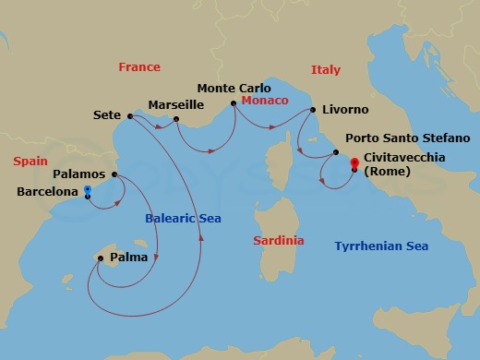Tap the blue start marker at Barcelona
pos(87,190)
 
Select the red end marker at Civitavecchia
pos(354,163)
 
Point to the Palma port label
pos(128,258)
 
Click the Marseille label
pos(176,103)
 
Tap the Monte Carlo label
pos(234,88)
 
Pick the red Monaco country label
pos(265,100)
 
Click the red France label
pos(139,67)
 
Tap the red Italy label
pos(326,70)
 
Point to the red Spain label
pos(30,162)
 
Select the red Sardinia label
pos(279,241)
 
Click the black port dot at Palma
pos(100,258)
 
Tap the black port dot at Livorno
pos(313,110)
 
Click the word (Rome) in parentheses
pos(389,172)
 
